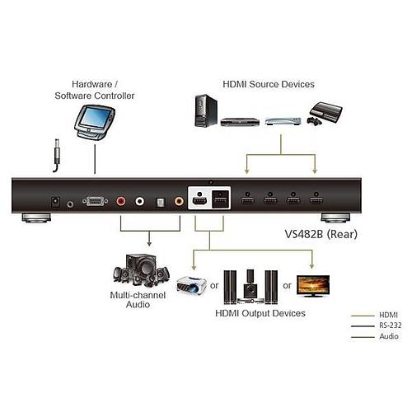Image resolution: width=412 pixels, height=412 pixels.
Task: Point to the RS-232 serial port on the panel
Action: click(95, 200)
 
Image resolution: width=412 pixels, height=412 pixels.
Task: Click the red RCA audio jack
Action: click(121, 200)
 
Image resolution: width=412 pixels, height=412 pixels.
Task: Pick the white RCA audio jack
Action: click(139, 200)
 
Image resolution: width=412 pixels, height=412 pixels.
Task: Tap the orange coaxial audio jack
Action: click(175, 200)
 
